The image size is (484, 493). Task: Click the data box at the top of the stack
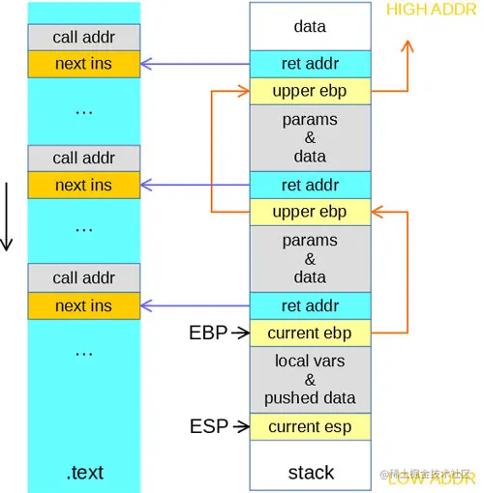pyautogui.click(x=310, y=27)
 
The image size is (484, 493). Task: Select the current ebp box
pyautogui.click(x=310, y=333)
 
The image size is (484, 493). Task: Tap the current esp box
pyautogui.click(x=310, y=426)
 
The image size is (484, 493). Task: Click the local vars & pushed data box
pyautogui.click(x=310, y=380)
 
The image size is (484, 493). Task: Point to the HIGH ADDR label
pyautogui.click(x=432, y=11)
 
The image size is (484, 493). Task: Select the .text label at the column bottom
pyautogui.click(x=84, y=473)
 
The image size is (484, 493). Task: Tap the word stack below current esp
pyautogui.click(x=310, y=473)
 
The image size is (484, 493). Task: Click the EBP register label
pyautogui.click(x=208, y=333)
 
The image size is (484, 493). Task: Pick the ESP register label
pyautogui.click(x=208, y=426)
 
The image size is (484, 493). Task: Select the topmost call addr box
pyautogui.click(x=84, y=37)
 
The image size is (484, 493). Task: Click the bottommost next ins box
pyautogui.click(x=84, y=305)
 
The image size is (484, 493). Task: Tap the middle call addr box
pyautogui.click(x=84, y=158)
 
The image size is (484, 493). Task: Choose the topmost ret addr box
pyautogui.click(x=310, y=64)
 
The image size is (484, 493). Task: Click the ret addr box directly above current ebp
pyautogui.click(x=310, y=305)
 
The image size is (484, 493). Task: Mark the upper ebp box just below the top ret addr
pyautogui.click(x=310, y=91)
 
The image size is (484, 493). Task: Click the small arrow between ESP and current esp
pyautogui.click(x=238, y=426)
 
